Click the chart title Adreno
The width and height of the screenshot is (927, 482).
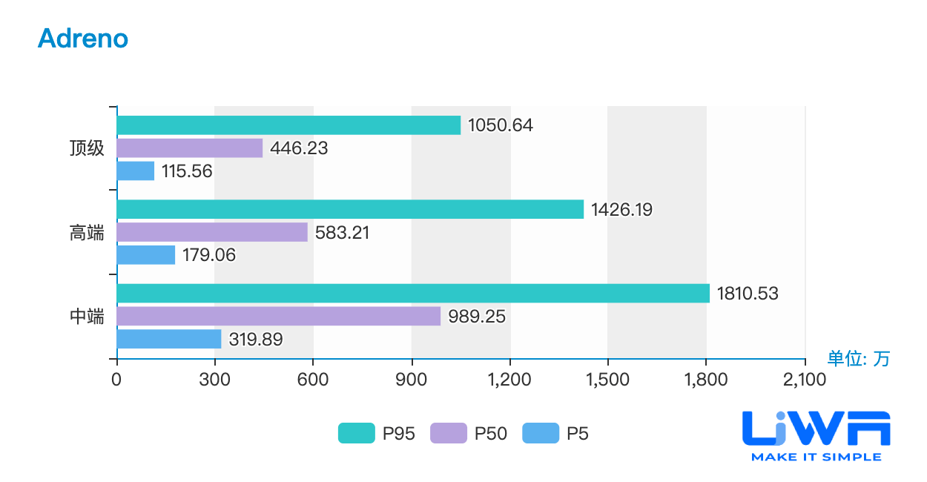(x=83, y=39)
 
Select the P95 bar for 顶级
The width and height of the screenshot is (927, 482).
(x=289, y=125)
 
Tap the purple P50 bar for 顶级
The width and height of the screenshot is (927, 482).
(x=190, y=148)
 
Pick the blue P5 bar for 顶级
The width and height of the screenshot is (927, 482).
(x=136, y=171)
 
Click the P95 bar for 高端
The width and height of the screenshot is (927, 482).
(x=351, y=209)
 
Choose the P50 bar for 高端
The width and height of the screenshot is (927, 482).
(x=212, y=232)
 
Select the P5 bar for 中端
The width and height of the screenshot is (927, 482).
(x=169, y=339)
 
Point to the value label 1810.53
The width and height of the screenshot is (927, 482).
(x=748, y=294)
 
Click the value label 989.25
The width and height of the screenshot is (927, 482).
(x=477, y=317)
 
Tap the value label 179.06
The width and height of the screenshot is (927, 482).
(x=209, y=255)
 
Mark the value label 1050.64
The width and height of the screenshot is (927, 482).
(x=501, y=125)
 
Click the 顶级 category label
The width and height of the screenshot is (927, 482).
(x=87, y=148)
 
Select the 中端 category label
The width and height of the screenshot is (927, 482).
(x=87, y=317)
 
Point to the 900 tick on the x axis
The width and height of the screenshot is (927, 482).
(x=411, y=380)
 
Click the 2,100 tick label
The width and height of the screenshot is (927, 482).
(x=805, y=380)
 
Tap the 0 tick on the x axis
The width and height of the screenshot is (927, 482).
(x=116, y=380)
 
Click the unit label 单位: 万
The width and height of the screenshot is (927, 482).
(x=858, y=358)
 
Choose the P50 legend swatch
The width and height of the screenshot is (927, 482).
(x=449, y=433)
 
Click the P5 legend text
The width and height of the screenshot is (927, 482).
(x=577, y=434)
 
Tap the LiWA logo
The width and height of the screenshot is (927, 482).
(x=816, y=436)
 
